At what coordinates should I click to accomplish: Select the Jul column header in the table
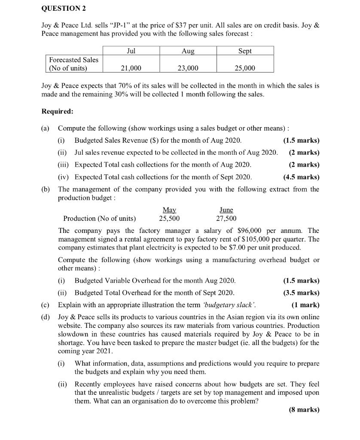click(131, 51)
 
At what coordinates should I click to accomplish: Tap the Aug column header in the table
click(188, 51)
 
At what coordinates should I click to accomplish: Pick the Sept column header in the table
click(245, 51)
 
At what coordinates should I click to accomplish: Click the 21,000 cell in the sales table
click(131, 68)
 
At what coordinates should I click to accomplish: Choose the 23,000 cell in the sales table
click(188, 68)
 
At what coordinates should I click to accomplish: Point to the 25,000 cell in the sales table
click(245, 68)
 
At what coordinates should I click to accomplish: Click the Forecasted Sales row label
click(73, 64)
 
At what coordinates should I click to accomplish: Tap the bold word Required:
click(57, 111)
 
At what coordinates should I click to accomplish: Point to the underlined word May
click(169, 210)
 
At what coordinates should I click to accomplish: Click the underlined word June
click(226, 210)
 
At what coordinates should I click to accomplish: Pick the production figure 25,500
click(169, 218)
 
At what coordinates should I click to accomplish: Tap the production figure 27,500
click(226, 218)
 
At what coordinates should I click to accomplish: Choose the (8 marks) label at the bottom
click(305, 409)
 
